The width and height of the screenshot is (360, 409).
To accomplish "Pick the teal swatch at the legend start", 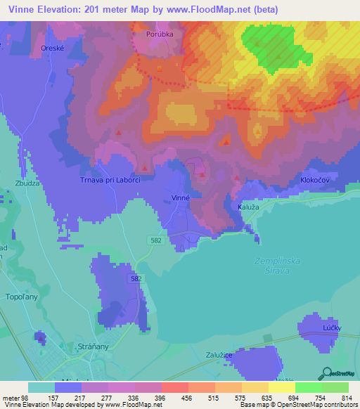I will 41,387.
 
